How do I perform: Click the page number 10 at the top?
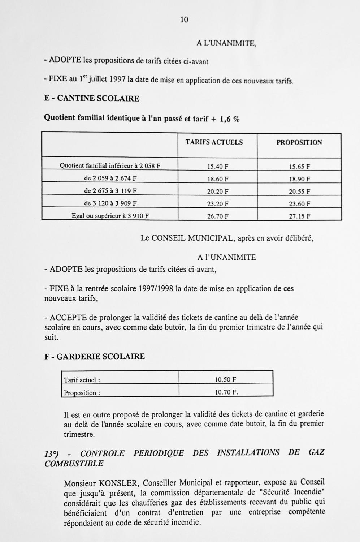click(x=184, y=20)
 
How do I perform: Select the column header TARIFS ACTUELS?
click(x=214, y=142)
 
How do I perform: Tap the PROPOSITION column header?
click(x=299, y=142)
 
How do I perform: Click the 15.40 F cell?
click(x=218, y=167)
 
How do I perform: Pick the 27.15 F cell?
click(x=300, y=216)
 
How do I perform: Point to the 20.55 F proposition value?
click(x=300, y=192)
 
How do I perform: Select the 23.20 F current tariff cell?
click(x=218, y=204)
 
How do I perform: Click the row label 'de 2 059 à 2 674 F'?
click(x=110, y=178)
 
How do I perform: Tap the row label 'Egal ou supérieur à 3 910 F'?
click(x=110, y=216)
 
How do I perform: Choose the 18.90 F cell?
click(x=300, y=179)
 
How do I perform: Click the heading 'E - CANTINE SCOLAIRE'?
click(x=92, y=98)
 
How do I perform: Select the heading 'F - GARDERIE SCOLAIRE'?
click(x=95, y=356)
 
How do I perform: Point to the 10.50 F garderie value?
click(x=226, y=380)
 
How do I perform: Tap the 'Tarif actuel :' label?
click(x=82, y=380)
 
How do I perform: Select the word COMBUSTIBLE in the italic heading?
click(x=74, y=464)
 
